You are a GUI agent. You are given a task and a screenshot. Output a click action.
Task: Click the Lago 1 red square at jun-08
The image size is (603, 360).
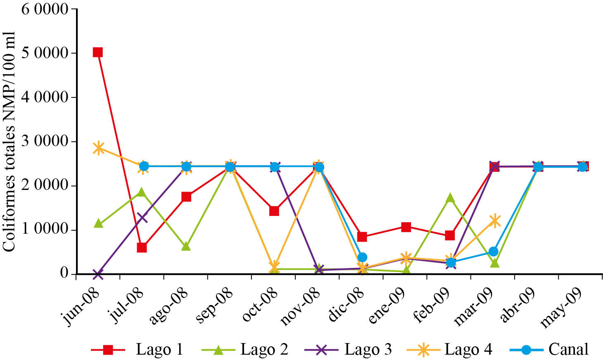(x=98, y=52)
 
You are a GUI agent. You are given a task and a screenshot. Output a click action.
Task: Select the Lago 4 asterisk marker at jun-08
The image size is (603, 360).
(x=98, y=148)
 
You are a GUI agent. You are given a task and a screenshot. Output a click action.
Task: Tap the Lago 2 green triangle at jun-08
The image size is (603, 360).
(x=98, y=224)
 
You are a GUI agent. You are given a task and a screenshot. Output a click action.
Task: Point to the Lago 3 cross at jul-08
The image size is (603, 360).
(x=142, y=217)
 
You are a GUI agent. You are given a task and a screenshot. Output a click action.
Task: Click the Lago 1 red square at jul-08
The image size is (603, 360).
(x=142, y=248)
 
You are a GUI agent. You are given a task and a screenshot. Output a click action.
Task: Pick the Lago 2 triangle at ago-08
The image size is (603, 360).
(x=186, y=246)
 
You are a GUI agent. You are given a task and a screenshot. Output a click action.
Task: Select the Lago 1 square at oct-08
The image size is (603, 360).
(x=274, y=211)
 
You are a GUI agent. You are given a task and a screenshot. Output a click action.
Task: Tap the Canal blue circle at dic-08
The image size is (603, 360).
(x=362, y=257)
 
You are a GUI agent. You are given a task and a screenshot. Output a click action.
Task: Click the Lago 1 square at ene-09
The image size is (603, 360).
(x=406, y=227)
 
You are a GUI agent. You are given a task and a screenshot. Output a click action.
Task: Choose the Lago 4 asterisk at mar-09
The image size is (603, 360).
(x=494, y=221)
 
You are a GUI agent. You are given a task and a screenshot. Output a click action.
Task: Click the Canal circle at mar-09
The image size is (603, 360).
(x=494, y=251)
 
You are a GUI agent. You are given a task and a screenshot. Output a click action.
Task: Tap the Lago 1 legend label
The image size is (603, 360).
(x=159, y=350)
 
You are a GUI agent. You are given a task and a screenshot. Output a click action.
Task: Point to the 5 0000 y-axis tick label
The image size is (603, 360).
(x=45, y=53)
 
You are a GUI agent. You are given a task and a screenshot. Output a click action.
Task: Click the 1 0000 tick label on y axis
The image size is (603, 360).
(x=45, y=230)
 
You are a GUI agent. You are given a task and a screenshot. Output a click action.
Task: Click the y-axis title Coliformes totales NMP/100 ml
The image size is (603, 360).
(x=9, y=141)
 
